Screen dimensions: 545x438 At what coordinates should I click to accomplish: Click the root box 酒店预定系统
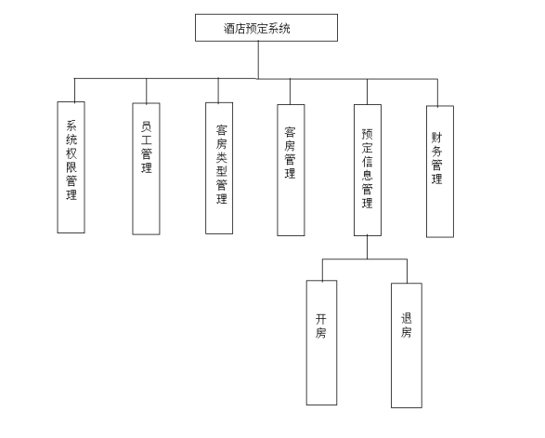(266, 28)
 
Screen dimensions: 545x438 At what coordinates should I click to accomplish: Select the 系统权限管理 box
(71, 167)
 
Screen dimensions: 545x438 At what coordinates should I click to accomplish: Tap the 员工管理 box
(146, 169)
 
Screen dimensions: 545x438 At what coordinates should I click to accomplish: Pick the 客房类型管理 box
(219, 168)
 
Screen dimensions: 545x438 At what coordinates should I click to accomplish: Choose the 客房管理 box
(291, 170)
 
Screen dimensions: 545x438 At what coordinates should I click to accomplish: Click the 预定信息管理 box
(368, 170)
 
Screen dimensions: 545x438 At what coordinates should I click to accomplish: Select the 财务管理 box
(440, 172)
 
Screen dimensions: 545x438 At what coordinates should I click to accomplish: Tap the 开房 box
(321, 343)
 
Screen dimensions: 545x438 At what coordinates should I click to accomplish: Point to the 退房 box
(407, 345)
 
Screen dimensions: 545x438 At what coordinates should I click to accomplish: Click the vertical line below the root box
(258, 60)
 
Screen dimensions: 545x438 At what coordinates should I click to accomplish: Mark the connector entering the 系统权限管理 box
(74, 90)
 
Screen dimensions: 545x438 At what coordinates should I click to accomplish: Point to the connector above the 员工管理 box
(147, 91)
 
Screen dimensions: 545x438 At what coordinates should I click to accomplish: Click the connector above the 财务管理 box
(437, 93)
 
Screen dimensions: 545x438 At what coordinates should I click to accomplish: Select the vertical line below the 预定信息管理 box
(368, 247)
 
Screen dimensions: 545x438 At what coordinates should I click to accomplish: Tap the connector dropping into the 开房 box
(322, 270)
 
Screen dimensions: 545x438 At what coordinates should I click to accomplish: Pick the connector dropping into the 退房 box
(407, 272)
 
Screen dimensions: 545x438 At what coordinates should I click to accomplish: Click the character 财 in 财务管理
(437, 138)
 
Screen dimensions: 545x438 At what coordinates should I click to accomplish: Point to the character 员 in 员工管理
(147, 126)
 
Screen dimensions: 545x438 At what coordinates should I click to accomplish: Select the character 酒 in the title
(229, 28)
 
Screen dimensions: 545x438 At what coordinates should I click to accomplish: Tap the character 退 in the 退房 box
(407, 318)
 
